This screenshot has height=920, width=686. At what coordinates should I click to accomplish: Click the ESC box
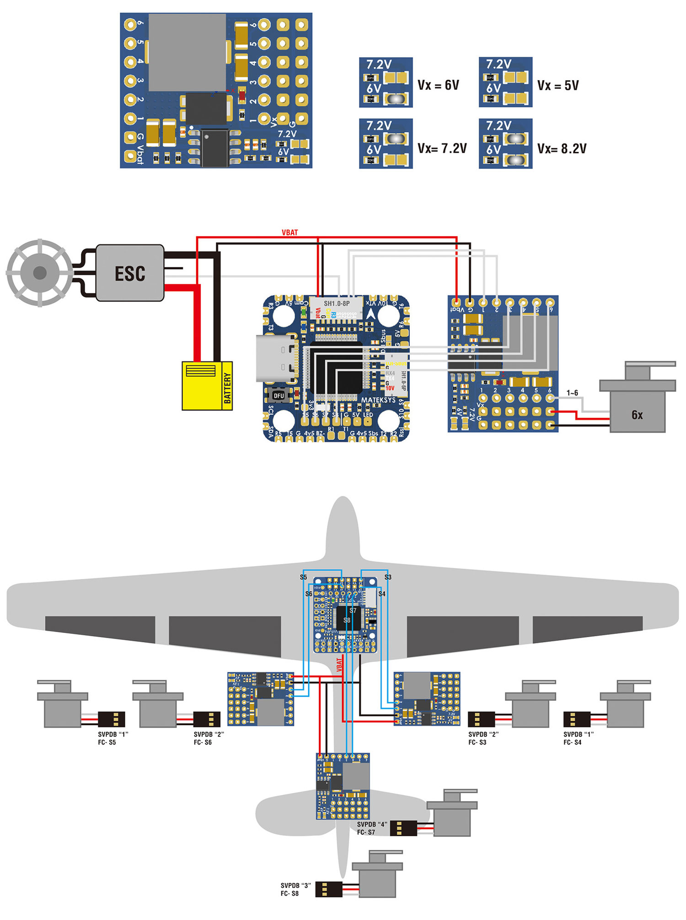tap(130, 273)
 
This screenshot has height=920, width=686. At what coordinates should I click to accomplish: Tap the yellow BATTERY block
tap(207, 385)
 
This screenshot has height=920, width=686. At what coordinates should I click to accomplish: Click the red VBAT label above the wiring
tap(290, 233)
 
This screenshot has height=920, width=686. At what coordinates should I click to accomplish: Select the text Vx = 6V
tap(438, 85)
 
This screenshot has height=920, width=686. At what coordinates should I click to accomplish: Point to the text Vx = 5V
tap(558, 86)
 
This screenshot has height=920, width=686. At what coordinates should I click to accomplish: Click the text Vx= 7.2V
tap(442, 148)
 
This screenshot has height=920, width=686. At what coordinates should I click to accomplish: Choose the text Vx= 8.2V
tap(562, 149)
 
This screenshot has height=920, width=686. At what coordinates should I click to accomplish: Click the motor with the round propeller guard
tap(40, 273)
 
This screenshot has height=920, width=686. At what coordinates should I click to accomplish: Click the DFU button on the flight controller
tap(279, 395)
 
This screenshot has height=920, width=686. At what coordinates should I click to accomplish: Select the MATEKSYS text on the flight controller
tap(378, 400)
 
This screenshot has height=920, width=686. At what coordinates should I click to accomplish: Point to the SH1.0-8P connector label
tap(337, 303)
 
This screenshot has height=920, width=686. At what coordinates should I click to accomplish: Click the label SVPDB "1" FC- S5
tap(113, 738)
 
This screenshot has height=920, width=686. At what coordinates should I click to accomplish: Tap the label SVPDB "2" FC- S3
tap(483, 738)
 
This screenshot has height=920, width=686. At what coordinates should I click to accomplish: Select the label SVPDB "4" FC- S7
tap(372, 828)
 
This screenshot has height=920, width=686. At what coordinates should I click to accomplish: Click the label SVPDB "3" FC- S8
tap(295, 889)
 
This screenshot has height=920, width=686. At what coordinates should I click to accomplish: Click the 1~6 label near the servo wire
tap(572, 393)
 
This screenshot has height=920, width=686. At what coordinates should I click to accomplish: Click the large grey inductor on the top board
tap(188, 52)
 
